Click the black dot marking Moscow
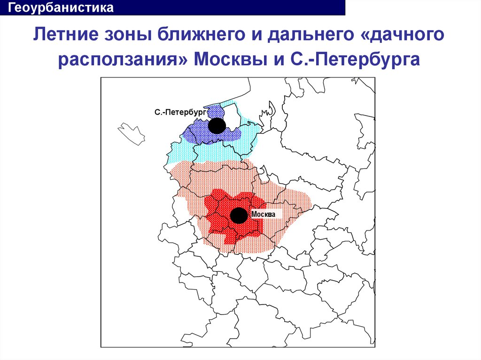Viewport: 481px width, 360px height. [x=239, y=215]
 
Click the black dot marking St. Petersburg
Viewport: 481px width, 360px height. [x=217, y=125]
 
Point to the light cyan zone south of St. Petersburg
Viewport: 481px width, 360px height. [x=183, y=153]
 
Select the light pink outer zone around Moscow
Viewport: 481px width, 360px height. [x=282, y=197]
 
